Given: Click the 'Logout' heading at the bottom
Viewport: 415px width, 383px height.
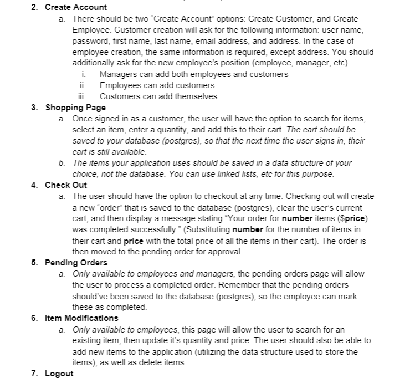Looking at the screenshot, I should pos(59,374).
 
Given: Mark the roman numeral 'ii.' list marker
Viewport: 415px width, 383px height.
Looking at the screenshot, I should pos(83,85).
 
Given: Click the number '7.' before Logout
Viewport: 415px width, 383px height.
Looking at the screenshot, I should pos(35,374).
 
